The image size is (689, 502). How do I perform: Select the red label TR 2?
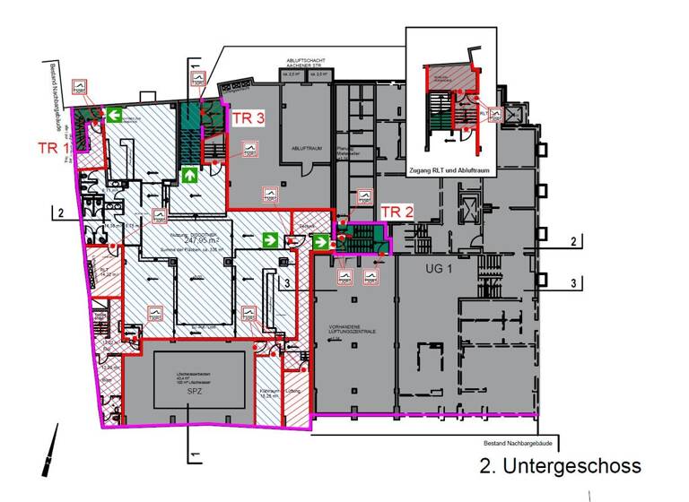[x=397, y=212]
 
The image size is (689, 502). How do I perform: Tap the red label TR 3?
[x=249, y=117]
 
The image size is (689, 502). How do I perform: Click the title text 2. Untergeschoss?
[x=561, y=466]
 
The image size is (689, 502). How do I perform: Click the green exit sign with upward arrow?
[x=190, y=174]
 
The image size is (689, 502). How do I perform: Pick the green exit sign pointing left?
[x=115, y=115]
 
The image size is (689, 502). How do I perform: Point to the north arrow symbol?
[x=50, y=449]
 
